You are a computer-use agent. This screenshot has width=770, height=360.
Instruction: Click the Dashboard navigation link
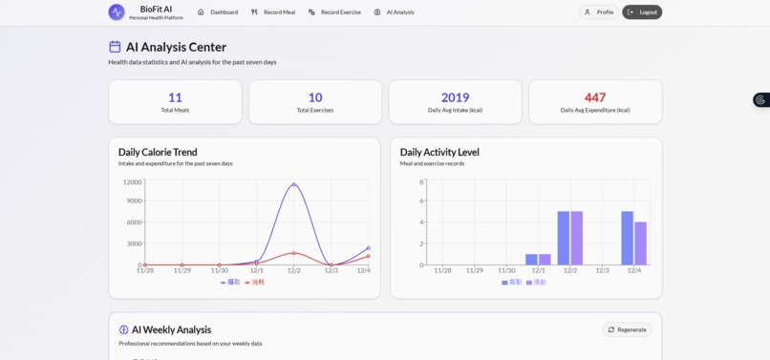click(218, 12)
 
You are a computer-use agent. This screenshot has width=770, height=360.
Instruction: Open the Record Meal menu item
click(273, 12)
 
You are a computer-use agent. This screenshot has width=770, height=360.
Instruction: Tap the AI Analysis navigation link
click(395, 12)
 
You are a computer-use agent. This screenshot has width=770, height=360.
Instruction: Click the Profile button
click(599, 12)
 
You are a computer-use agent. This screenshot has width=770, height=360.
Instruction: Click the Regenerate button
click(627, 329)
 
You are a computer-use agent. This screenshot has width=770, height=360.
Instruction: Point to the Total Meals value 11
click(175, 97)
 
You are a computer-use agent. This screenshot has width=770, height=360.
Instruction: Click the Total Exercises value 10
click(315, 97)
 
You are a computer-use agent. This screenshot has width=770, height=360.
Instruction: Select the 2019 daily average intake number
click(456, 97)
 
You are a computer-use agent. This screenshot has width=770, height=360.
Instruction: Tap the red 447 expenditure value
click(595, 97)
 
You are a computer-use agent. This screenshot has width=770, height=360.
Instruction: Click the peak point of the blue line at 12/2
click(294, 184)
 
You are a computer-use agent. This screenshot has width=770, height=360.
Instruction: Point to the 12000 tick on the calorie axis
click(132, 182)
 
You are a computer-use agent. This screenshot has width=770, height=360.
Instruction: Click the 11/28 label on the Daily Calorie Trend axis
click(144, 271)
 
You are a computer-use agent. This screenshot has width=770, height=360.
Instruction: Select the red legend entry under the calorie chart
click(255, 283)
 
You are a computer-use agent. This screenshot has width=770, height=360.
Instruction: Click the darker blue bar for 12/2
click(564, 238)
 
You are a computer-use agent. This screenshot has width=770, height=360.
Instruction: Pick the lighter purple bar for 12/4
click(640, 244)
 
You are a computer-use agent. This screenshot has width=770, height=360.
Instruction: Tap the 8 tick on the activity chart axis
click(421, 182)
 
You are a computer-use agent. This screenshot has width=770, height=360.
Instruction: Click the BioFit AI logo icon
click(117, 12)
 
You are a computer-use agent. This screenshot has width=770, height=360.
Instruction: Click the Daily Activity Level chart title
click(439, 152)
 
